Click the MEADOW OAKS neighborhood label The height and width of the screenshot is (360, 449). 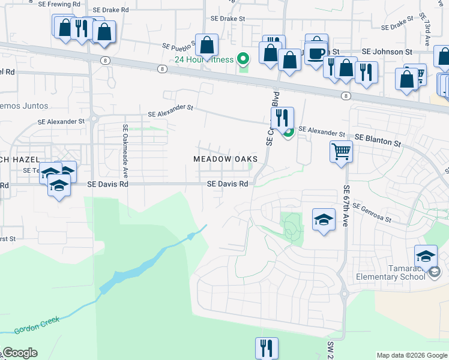tap(225, 159)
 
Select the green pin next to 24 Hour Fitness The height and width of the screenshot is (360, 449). tap(243, 59)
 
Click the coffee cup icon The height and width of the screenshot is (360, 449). tap(316, 50)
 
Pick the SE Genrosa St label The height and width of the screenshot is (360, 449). tap(372, 212)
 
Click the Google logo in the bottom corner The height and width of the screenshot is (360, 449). tap(19, 353)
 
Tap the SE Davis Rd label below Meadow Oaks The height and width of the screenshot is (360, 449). tap(228, 184)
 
